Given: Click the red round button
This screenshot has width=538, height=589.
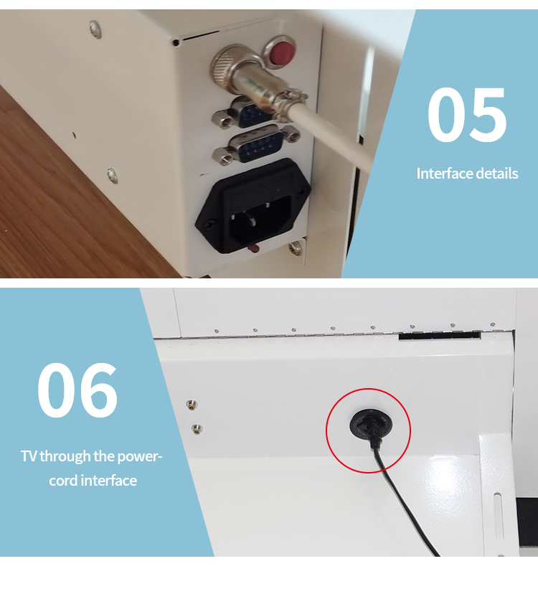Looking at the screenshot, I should click(285, 51).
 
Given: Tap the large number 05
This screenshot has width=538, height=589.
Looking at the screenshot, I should click(467, 115).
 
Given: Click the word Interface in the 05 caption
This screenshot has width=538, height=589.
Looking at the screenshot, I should click(445, 174).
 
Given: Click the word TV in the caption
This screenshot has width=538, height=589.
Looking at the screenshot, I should click(28, 456).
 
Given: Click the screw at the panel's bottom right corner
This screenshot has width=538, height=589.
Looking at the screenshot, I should click(295, 248).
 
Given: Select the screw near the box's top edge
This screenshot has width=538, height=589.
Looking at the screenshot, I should click(95, 29).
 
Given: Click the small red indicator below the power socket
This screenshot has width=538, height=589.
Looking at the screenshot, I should click(253, 248).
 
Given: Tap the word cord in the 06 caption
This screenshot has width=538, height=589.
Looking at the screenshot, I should click(63, 481).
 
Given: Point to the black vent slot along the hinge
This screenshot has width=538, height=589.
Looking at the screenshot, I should click(439, 334).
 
